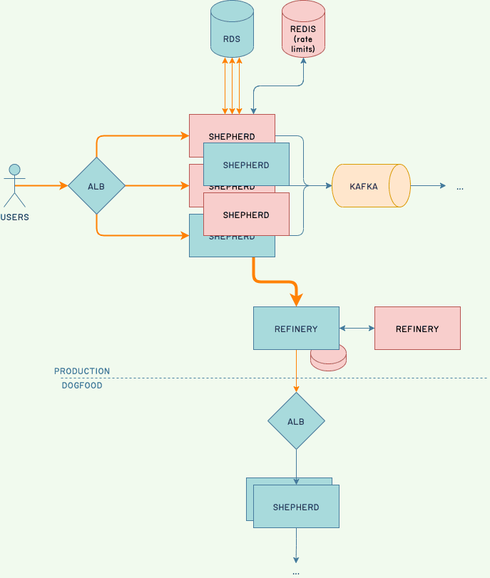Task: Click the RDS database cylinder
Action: tap(232, 29)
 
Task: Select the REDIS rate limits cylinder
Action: tap(303, 29)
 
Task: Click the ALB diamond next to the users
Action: tap(96, 186)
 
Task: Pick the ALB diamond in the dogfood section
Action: tap(296, 421)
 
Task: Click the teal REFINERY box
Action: tap(296, 329)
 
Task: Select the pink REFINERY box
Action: tap(417, 329)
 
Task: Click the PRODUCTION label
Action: tap(82, 371)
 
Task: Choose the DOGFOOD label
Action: tap(82, 386)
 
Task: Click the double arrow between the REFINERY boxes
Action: tap(357, 329)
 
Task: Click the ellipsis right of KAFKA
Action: tap(460, 187)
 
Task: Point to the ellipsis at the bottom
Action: tap(296, 572)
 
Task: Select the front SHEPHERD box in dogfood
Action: tap(296, 507)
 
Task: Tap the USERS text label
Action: tap(14, 217)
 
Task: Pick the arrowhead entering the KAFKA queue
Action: tap(329, 186)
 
